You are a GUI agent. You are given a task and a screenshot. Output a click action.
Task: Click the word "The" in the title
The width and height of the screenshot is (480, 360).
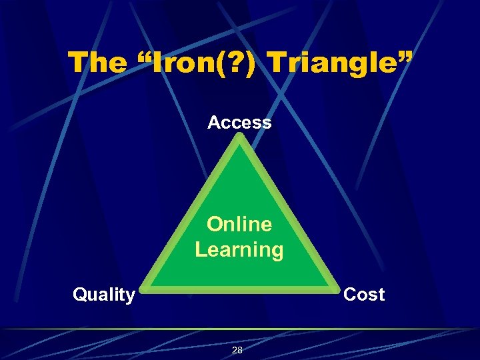tap(97, 63)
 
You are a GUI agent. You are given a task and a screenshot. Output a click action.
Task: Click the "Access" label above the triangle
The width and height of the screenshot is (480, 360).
tap(239, 123)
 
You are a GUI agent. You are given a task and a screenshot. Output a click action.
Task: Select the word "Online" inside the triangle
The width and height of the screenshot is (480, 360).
tap(239, 224)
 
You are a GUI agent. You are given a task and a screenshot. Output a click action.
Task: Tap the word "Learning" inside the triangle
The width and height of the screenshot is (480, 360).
tap(239, 250)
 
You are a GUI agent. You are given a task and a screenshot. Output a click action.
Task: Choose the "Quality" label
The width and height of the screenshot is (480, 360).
tap(104, 295)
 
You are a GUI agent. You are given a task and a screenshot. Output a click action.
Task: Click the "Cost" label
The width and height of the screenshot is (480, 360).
tap(363, 295)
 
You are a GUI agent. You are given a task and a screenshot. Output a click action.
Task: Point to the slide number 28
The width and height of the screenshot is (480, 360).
tap(237, 351)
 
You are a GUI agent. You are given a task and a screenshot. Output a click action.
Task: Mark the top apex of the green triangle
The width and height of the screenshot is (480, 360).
tap(240, 137)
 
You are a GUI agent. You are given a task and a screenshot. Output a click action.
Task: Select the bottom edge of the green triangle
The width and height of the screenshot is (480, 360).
tap(240, 290)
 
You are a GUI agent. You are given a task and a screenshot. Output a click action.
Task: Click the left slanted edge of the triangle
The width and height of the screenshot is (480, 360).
tap(192, 213)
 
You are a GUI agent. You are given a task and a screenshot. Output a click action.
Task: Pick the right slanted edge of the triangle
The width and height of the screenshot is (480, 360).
tap(288, 213)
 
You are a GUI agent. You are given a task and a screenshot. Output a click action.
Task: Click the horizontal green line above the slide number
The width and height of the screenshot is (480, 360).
tap(240, 329)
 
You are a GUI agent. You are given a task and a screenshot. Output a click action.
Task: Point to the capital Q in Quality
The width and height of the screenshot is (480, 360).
tap(79, 295)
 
